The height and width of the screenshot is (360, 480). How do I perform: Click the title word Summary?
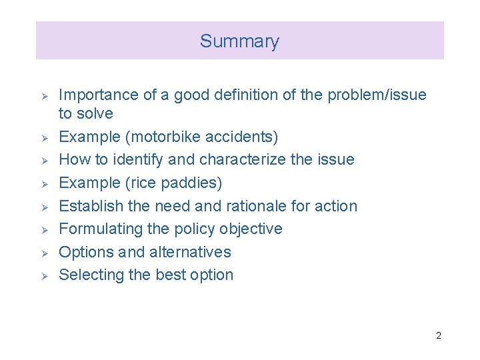(x=239, y=41)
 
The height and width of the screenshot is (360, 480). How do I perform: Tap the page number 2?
(x=438, y=335)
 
